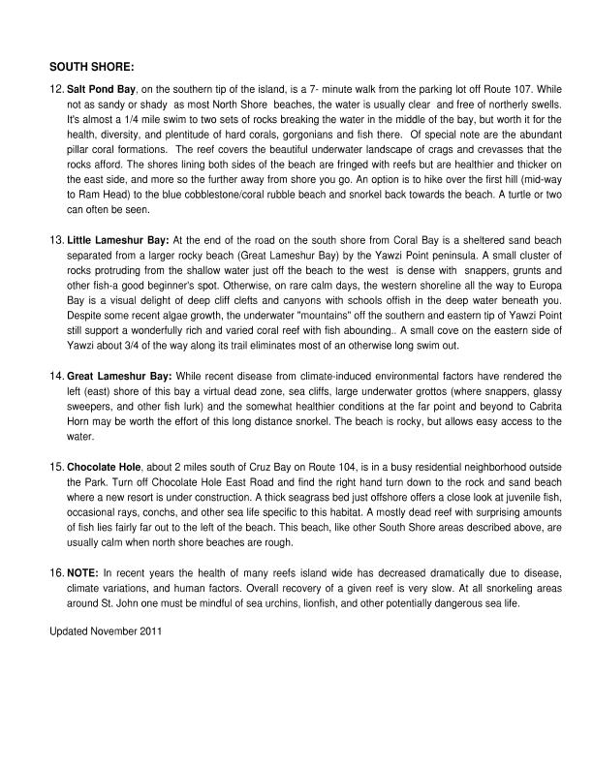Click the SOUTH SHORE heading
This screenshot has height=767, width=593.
92,67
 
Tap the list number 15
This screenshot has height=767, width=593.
56,466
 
